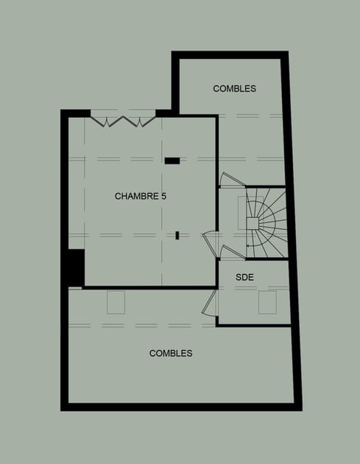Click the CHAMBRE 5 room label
pos(140,196)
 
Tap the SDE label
pos(244,277)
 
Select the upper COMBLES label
pos(235,88)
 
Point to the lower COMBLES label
pos(171,353)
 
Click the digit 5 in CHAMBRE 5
pos(163,196)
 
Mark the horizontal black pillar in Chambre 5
pos(172,161)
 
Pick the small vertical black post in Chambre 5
pos(177,235)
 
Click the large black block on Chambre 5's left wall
pos(77,268)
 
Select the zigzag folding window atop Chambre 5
pos(123,122)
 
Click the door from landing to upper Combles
pos(232,180)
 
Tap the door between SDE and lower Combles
pos(209,303)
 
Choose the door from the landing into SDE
pos(233,253)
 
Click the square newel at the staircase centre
pos(253,223)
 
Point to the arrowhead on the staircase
pos(248,245)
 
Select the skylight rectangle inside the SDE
pos(267,302)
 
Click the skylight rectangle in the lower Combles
pos(116,303)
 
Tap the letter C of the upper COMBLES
pos(216,88)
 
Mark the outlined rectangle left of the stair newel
pos(242,213)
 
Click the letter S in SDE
pos(238,277)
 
